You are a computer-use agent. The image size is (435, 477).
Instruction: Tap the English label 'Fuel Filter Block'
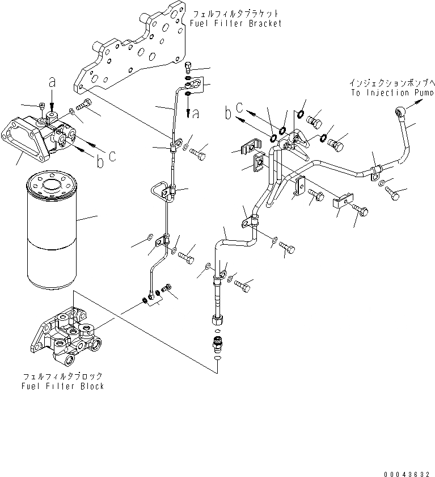pos(64,386)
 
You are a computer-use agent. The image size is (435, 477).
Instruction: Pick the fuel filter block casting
pos(67,336)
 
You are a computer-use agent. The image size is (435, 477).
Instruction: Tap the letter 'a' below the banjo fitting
pos(196,114)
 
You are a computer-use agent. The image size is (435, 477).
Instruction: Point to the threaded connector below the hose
pos(217,343)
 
